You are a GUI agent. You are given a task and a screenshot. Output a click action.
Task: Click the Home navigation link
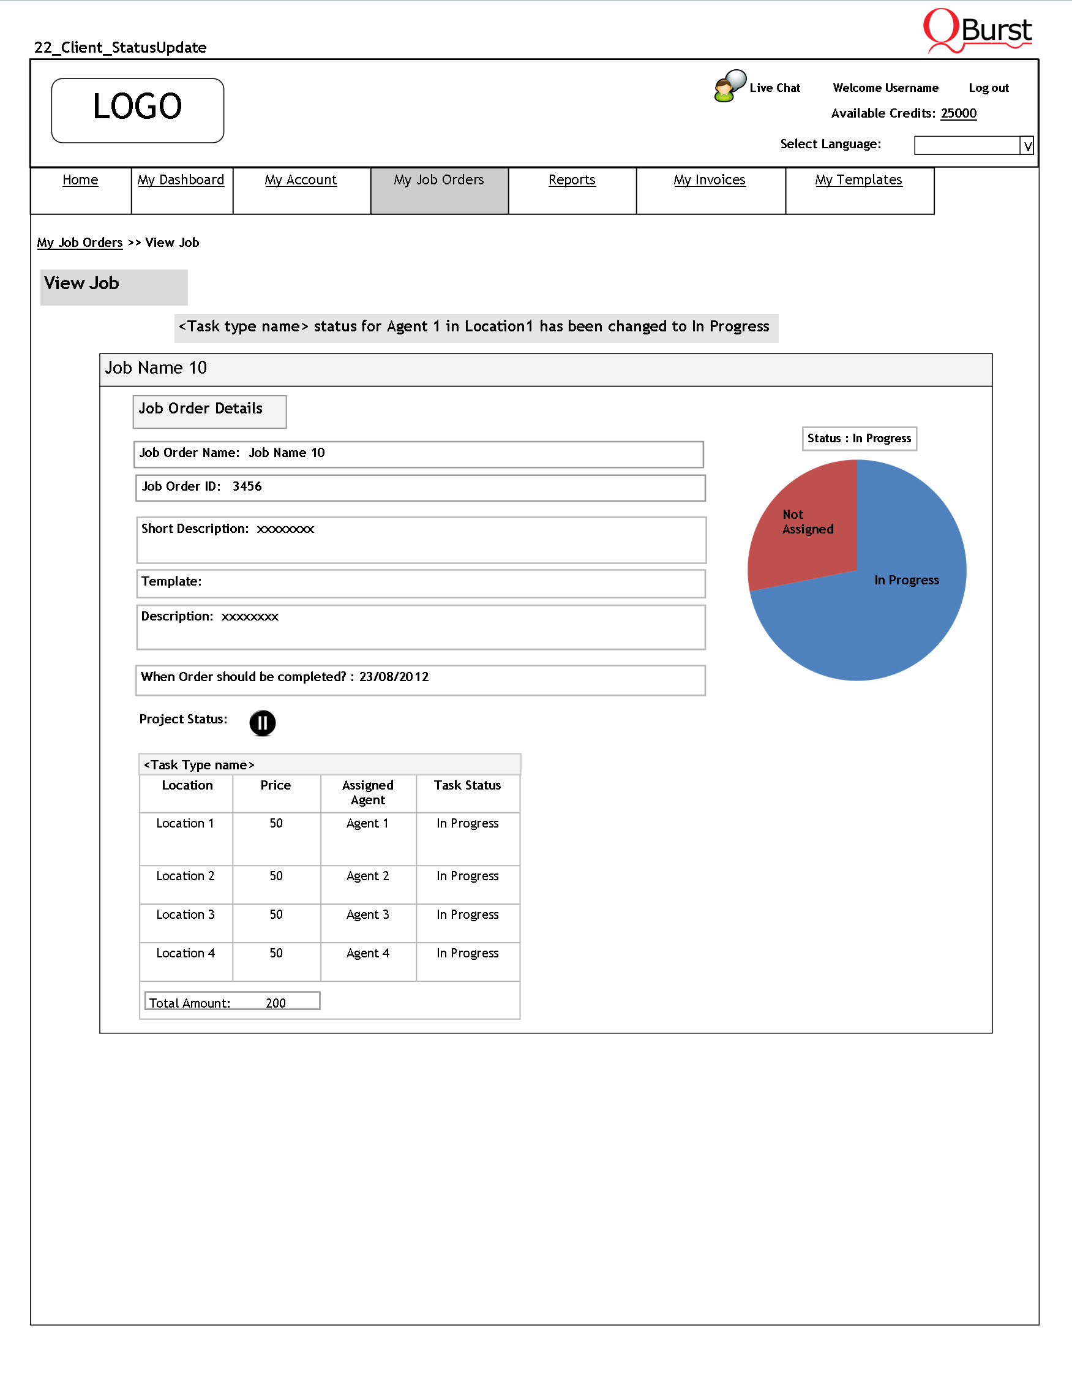[x=80, y=181]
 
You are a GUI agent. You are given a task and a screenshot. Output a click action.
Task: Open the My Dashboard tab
[x=181, y=181]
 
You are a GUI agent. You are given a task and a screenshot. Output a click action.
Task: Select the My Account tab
[x=301, y=181]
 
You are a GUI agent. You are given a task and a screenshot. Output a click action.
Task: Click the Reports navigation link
[x=572, y=181]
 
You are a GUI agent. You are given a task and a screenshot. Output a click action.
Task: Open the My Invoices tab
[x=710, y=181]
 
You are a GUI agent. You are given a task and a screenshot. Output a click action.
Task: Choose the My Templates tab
[x=858, y=181]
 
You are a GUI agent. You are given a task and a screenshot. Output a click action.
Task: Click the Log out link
[x=988, y=88]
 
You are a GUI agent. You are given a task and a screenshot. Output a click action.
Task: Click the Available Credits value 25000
[x=958, y=114]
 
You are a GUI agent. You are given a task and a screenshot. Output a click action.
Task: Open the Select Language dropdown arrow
[x=1027, y=146]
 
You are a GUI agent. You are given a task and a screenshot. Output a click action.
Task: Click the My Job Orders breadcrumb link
[x=80, y=243]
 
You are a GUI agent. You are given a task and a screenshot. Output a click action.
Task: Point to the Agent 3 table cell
[x=368, y=915]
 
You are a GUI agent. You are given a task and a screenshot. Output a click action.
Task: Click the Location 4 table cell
[x=186, y=954]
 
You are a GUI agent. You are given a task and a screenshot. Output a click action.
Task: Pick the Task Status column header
[x=467, y=786]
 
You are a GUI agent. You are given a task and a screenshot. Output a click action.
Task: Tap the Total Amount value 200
[x=275, y=1003]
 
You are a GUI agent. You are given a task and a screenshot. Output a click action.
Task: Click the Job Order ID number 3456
[x=247, y=487]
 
